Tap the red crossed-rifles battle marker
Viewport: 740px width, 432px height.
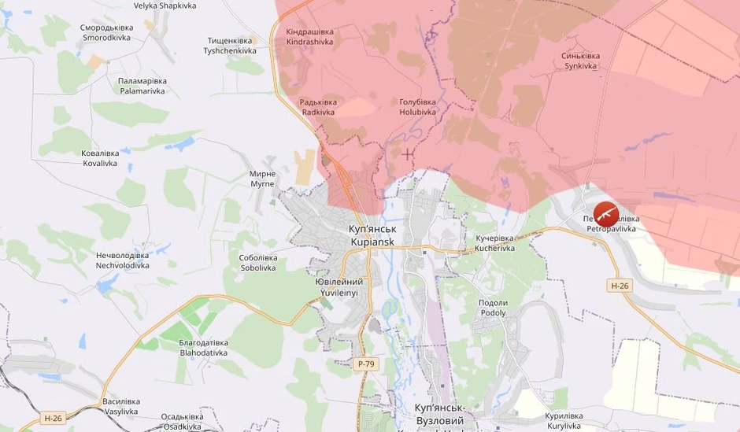point(605,214)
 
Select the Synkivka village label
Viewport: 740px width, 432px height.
point(580,61)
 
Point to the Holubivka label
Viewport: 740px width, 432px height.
point(417,107)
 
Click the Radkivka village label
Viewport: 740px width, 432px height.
point(318,107)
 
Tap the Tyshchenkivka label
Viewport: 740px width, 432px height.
point(230,46)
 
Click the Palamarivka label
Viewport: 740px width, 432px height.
point(142,86)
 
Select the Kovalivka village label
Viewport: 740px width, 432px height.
point(99,158)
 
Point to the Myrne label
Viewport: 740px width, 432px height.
point(262,179)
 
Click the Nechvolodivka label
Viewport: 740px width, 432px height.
point(122,260)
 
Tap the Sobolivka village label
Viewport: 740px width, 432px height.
point(258,262)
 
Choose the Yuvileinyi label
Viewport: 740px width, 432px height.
point(339,287)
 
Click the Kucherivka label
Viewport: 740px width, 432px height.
point(494,242)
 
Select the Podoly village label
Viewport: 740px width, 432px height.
point(493,308)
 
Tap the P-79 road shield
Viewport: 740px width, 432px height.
point(364,364)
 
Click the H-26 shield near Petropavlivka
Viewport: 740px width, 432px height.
point(620,286)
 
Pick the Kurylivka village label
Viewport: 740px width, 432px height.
point(564,420)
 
